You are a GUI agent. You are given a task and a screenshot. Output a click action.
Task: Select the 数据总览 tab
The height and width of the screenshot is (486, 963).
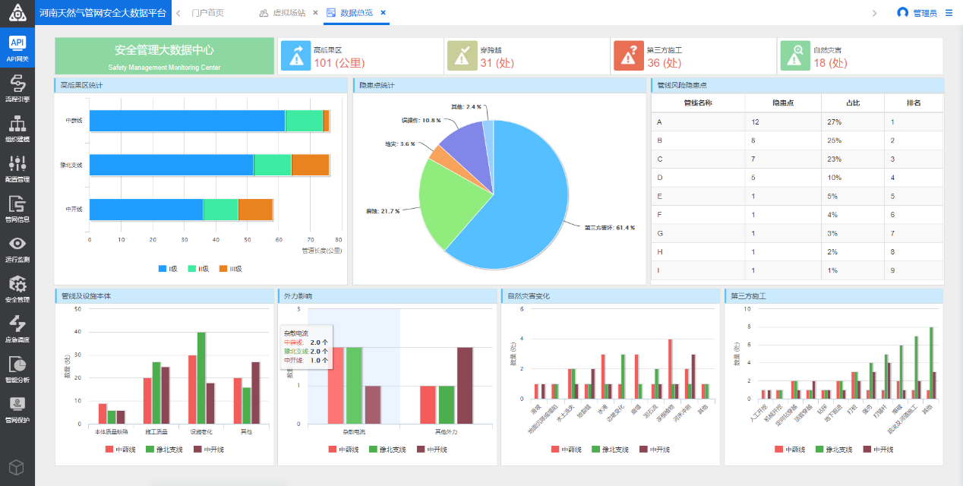pyautogui.click(x=356, y=13)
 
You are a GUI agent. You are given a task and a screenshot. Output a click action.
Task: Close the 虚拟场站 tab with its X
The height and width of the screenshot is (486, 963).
pyautogui.click(x=315, y=13)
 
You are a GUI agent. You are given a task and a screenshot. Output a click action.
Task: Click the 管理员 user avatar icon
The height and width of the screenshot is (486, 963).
pyautogui.click(x=902, y=13)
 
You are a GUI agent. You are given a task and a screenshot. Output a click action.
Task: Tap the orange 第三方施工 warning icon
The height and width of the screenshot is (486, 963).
pyautogui.click(x=628, y=56)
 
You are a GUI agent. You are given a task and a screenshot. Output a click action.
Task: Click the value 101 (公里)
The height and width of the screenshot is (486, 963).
pyautogui.click(x=339, y=63)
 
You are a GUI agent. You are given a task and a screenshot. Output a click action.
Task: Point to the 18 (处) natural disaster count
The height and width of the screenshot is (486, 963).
pyautogui.click(x=829, y=63)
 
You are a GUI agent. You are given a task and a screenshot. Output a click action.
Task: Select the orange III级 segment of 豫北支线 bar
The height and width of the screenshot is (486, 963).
pyautogui.click(x=310, y=165)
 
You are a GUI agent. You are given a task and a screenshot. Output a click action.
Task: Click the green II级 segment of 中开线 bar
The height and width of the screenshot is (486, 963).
pyautogui.click(x=220, y=210)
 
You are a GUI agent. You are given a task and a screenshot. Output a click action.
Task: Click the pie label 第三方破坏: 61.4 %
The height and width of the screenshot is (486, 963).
pyautogui.click(x=609, y=227)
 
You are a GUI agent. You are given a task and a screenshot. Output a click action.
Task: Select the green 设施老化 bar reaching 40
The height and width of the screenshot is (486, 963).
pyautogui.click(x=201, y=377)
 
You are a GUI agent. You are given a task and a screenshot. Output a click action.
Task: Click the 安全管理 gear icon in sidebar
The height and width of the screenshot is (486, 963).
pyautogui.click(x=17, y=285)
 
